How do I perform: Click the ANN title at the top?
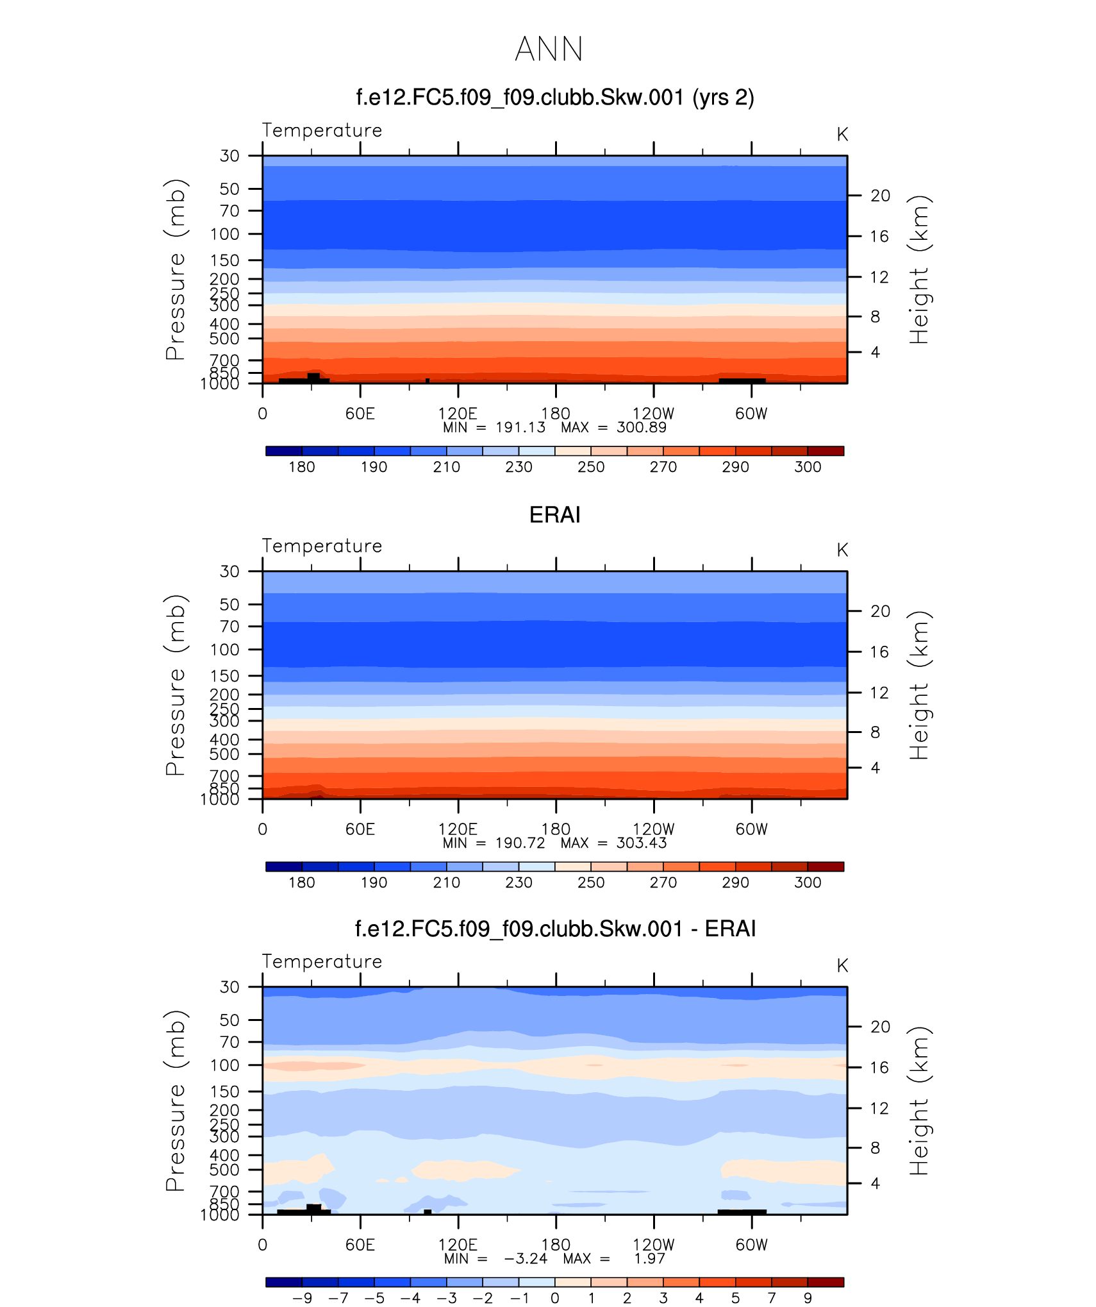(x=549, y=49)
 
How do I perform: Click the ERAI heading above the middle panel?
(x=554, y=515)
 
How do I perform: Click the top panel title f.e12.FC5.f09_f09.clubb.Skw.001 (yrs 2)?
(x=554, y=97)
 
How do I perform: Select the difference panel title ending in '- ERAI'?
(x=555, y=929)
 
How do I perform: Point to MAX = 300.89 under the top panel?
(x=613, y=428)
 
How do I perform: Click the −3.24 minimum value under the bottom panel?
(x=526, y=1259)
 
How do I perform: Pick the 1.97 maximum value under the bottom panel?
(x=649, y=1259)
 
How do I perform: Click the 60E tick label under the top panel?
(x=360, y=414)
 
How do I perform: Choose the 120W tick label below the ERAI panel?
(x=653, y=829)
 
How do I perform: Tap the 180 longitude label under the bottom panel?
(x=555, y=1245)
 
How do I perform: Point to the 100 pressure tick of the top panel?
(x=225, y=234)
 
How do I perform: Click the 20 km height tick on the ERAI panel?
(x=880, y=611)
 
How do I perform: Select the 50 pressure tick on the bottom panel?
(x=229, y=1020)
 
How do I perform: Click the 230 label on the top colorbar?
(x=519, y=467)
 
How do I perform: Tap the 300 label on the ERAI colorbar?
(x=808, y=882)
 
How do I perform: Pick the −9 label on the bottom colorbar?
(x=302, y=1298)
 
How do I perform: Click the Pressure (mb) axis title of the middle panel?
(x=176, y=685)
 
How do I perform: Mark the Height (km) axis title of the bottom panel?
(x=919, y=1100)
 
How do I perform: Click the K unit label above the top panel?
(x=842, y=135)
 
